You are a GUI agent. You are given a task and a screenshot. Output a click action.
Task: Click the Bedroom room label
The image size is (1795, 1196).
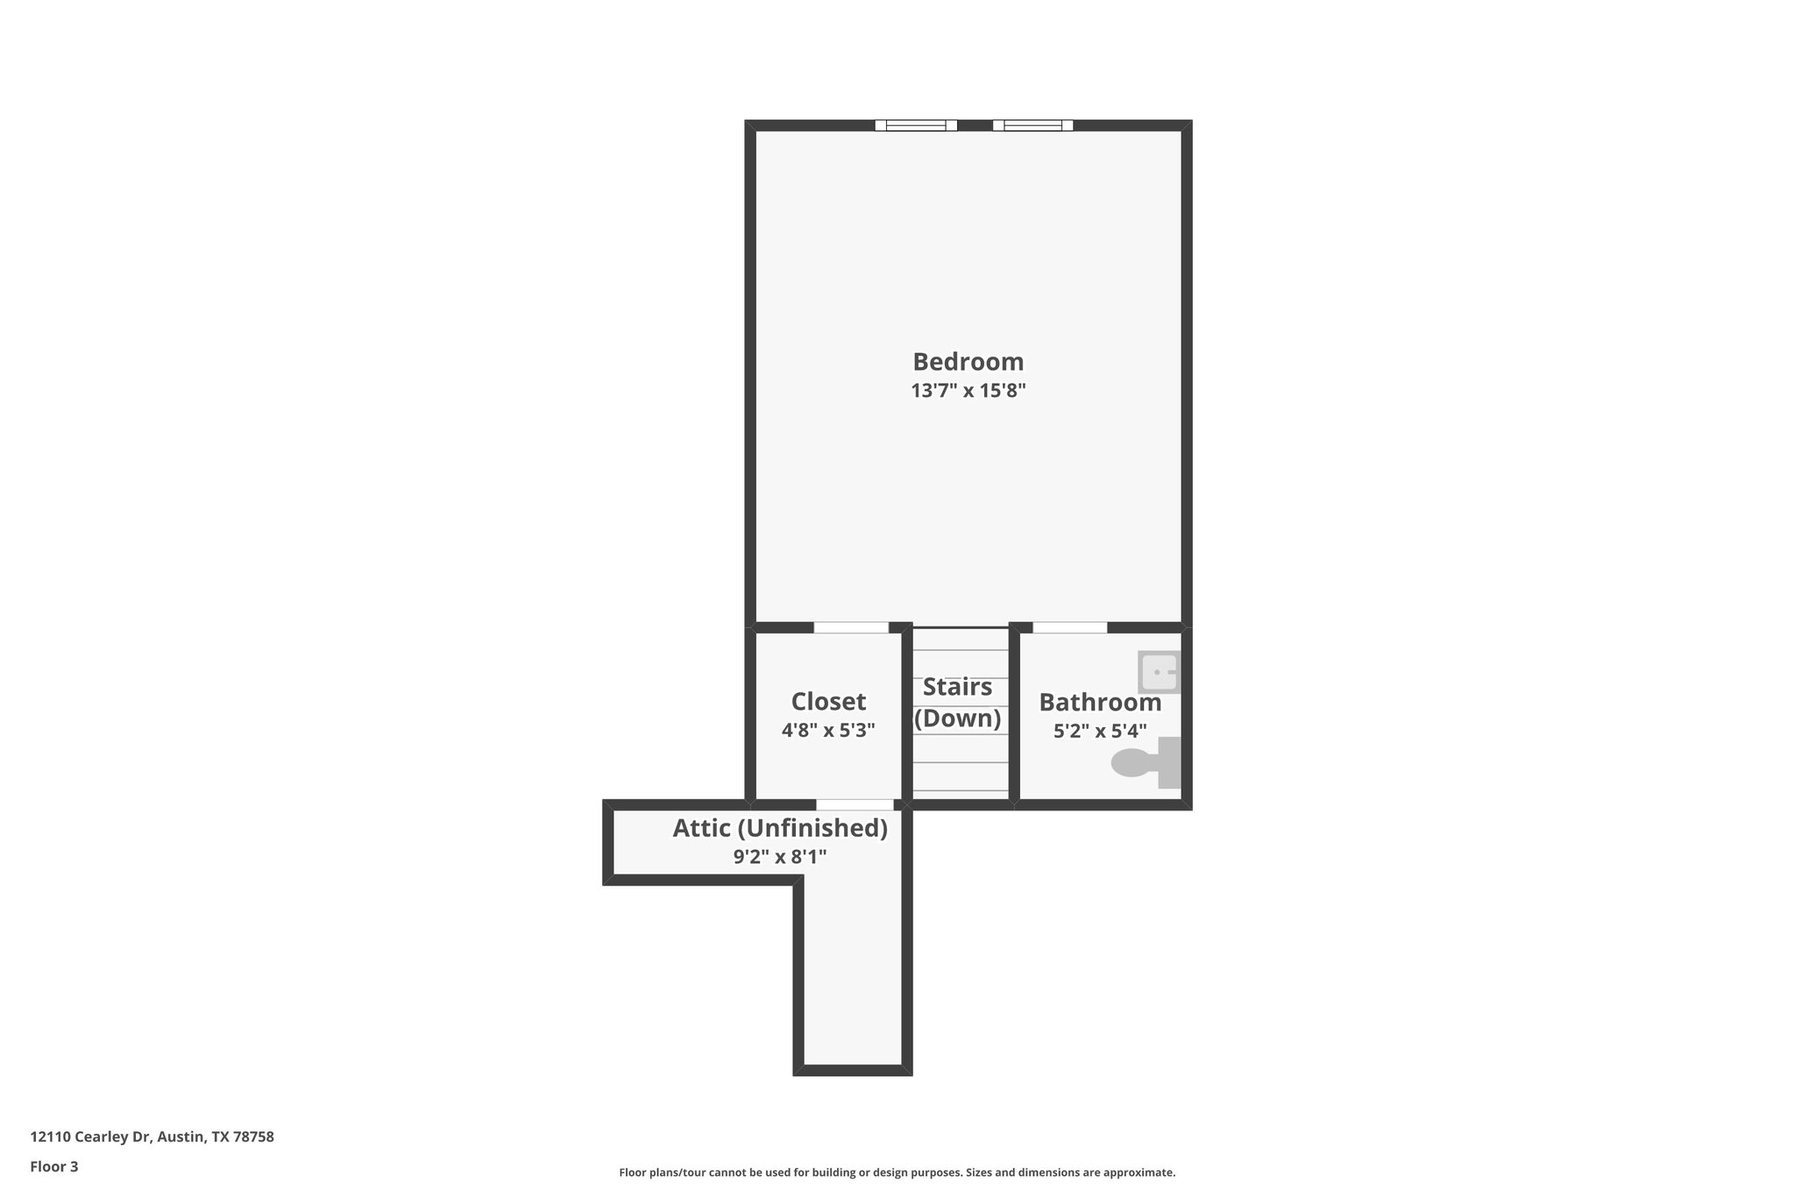tap(968, 362)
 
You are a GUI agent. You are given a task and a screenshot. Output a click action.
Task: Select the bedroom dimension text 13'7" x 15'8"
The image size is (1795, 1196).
tap(968, 391)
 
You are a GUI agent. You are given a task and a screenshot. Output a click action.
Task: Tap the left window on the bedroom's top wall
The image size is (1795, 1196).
tap(916, 125)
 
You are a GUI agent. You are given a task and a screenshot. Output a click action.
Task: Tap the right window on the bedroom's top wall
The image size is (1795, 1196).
tap(1032, 125)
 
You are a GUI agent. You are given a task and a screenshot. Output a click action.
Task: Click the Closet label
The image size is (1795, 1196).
tap(828, 702)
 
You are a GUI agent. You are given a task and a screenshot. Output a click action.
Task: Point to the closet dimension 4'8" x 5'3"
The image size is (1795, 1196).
tap(828, 730)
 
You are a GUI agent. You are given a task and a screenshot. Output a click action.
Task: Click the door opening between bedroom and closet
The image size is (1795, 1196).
tap(851, 627)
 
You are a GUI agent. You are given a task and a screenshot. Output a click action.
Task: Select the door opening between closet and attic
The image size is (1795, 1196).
tap(855, 804)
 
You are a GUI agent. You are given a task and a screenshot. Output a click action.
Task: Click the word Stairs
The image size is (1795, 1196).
tap(957, 687)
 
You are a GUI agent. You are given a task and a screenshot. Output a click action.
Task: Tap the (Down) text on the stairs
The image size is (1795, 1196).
tap(957, 718)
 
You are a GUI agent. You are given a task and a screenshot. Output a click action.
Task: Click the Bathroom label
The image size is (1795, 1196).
tap(1100, 703)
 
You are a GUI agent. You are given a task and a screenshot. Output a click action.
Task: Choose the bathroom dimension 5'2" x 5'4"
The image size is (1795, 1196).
tap(1100, 731)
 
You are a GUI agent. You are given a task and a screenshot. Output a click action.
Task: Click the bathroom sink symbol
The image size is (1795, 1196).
tap(1159, 672)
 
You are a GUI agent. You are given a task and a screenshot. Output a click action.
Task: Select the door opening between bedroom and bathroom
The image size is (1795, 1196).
tap(1069, 627)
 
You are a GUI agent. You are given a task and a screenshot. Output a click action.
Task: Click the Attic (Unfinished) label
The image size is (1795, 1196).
tap(780, 828)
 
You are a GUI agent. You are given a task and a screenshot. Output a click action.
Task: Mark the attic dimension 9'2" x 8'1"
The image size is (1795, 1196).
tap(780, 857)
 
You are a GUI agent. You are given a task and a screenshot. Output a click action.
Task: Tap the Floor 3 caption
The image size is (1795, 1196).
tap(54, 1166)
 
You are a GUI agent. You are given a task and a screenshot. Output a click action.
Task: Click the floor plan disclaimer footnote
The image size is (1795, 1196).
tap(897, 1172)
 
